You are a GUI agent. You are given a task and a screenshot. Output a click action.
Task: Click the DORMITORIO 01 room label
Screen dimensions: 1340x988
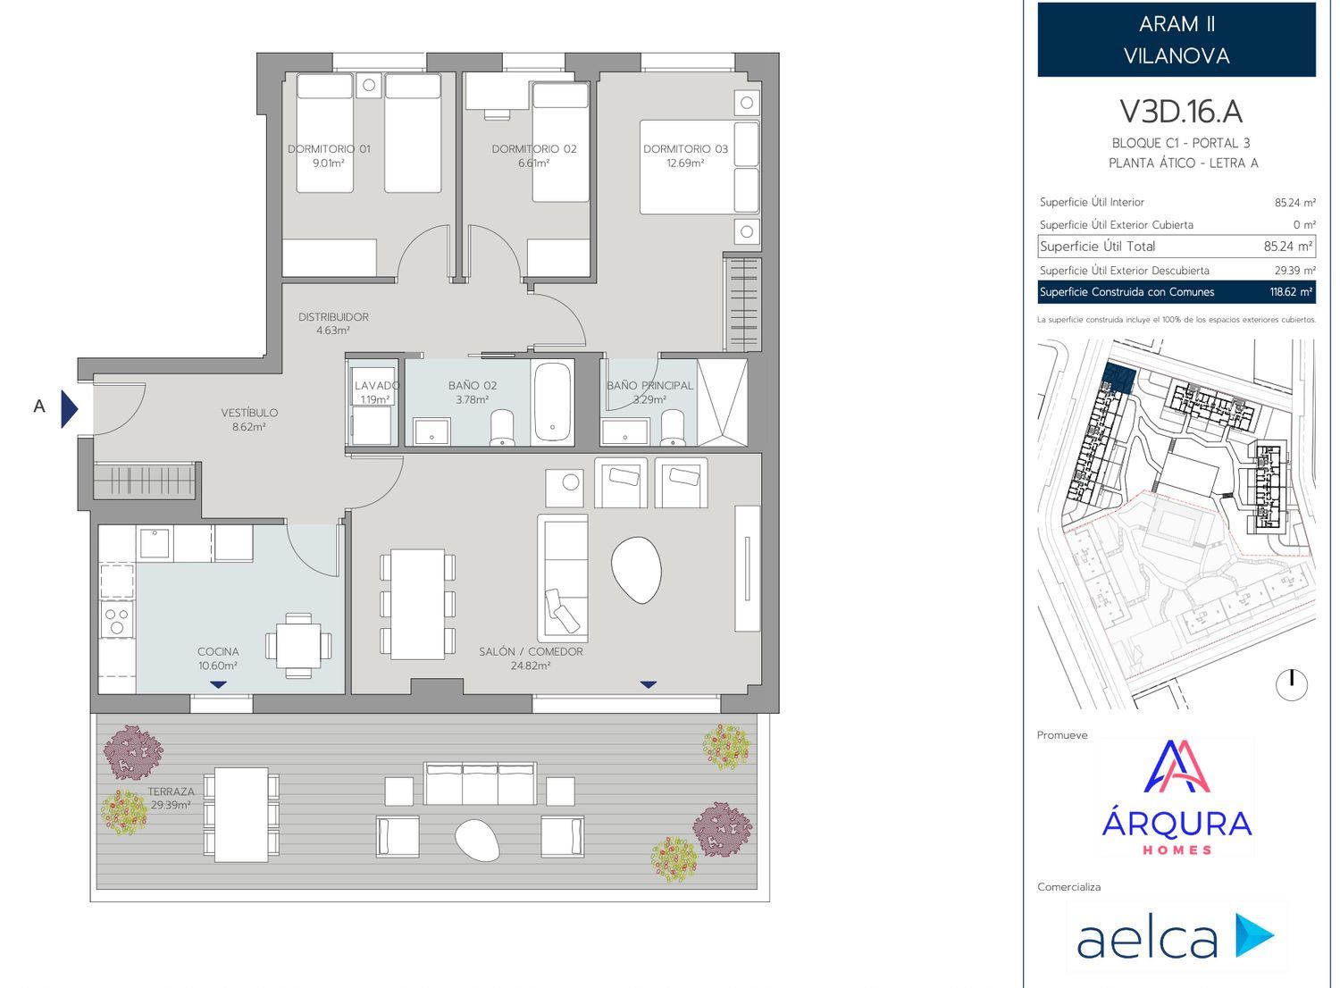click(329, 149)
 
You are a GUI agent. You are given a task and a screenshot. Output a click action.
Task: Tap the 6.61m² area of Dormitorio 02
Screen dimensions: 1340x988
click(533, 163)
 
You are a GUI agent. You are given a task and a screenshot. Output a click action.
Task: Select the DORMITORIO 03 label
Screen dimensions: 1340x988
click(685, 149)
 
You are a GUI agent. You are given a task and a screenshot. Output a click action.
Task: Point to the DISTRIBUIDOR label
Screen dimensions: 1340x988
click(333, 317)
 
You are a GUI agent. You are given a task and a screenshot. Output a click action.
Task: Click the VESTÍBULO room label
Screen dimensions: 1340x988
click(249, 413)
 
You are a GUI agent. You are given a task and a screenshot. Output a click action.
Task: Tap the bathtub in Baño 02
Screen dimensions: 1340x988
click(552, 402)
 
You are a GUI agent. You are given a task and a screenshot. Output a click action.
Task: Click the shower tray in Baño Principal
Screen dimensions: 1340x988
click(723, 402)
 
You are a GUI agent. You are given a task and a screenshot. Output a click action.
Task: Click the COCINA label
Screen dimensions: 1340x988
click(218, 652)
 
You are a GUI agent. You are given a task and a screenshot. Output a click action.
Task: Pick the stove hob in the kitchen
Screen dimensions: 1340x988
click(117, 620)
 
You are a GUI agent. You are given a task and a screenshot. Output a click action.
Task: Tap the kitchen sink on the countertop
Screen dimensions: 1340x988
click(155, 542)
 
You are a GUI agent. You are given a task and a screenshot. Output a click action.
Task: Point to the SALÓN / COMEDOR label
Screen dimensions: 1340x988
click(532, 652)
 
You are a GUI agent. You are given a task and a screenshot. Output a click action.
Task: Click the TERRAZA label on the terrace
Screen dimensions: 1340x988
click(172, 791)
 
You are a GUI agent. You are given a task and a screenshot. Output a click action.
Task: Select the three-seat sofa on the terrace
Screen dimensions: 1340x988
click(480, 783)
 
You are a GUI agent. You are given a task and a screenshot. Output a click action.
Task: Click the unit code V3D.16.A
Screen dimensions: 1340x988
click(1181, 112)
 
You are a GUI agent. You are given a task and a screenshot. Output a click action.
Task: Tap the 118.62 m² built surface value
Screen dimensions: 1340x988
click(1292, 292)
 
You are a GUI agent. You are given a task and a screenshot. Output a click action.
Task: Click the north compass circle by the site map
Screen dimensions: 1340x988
click(1292, 685)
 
